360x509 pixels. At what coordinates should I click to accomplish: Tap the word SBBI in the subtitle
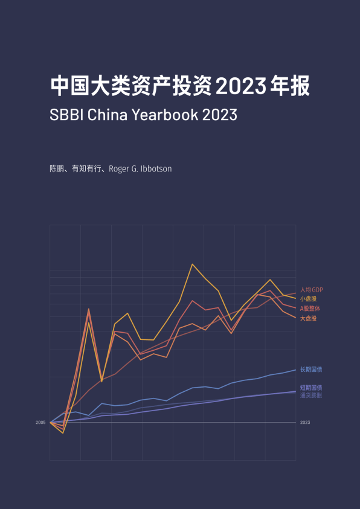(x=66, y=115)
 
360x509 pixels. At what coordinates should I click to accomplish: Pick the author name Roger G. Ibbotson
(x=140, y=169)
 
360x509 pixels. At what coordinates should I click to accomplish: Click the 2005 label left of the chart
(x=40, y=423)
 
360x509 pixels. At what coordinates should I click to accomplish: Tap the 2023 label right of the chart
(x=305, y=423)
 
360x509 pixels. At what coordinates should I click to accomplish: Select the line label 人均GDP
(x=312, y=290)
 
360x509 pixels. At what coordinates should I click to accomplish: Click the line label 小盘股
(x=309, y=299)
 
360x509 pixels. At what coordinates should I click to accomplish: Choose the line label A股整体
(x=310, y=309)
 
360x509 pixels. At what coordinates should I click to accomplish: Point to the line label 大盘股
(x=309, y=318)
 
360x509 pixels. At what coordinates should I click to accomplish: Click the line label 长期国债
(x=311, y=370)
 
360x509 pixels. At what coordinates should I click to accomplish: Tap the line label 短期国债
(x=311, y=388)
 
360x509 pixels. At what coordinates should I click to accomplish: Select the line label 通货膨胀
(x=311, y=395)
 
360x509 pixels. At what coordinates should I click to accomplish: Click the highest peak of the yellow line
(x=192, y=264)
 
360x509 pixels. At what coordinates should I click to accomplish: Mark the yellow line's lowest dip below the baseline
(x=63, y=433)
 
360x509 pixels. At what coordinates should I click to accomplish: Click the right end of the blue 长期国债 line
(x=295, y=370)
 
